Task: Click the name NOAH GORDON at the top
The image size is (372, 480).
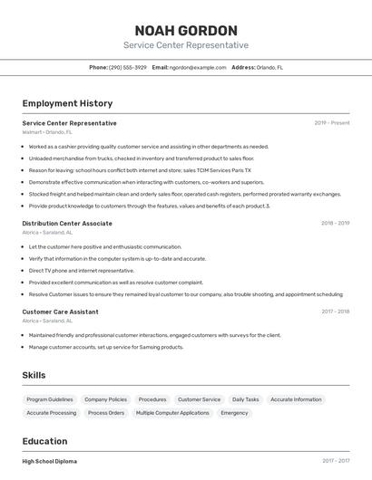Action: pyautogui.click(x=186, y=30)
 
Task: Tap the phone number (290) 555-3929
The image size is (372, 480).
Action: pyautogui.click(x=128, y=67)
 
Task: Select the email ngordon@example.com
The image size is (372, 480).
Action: pyautogui.click(x=197, y=67)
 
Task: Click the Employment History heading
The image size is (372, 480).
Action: pyautogui.click(x=67, y=103)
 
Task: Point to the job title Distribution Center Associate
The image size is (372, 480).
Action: pyautogui.click(x=67, y=223)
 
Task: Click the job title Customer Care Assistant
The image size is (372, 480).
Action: pyautogui.click(x=60, y=312)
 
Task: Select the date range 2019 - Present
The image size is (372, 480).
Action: pyautogui.click(x=331, y=123)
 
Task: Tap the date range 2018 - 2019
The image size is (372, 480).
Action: pyautogui.click(x=335, y=223)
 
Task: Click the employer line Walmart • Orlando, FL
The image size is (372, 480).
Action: pyautogui.click(x=49, y=132)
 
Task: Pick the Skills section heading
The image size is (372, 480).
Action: pyautogui.click(x=34, y=375)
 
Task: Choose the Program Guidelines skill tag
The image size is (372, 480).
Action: pyautogui.click(x=50, y=399)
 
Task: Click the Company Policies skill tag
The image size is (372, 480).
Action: pyautogui.click(x=105, y=399)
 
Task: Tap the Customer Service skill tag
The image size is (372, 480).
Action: pyautogui.click(x=199, y=399)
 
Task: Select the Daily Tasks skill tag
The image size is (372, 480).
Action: pyautogui.click(x=245, y=399)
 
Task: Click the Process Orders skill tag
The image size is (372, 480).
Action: pyautogui.click(x=106, y=413)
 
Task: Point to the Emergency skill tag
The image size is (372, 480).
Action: pyautogui.click(x=234, y=413)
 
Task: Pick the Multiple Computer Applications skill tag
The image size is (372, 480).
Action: pyautogui.click(x=172, y=413)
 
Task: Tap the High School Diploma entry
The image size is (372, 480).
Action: pyautogui.click(x=50, y=461)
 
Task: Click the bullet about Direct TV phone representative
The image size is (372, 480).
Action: pyautogui.click(x=81, y=270)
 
